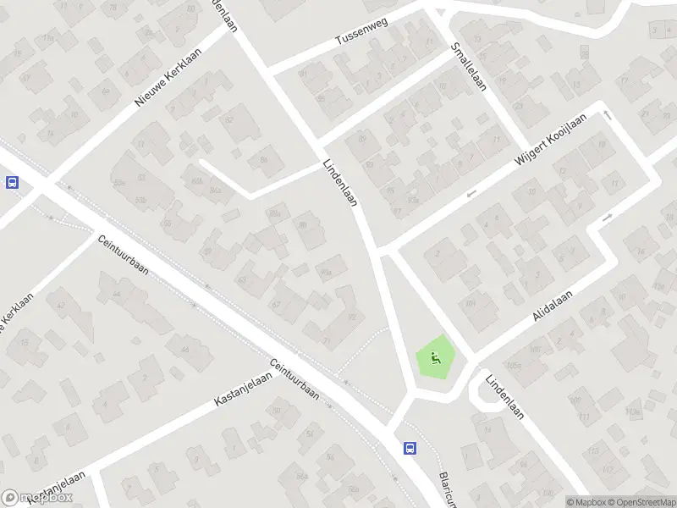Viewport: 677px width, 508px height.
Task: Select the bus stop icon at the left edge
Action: point(12,182)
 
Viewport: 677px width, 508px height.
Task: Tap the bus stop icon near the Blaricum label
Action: point(410,448)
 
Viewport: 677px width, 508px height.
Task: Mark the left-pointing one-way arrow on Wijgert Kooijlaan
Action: point(471,194)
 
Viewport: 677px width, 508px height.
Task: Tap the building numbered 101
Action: point(470,302)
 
